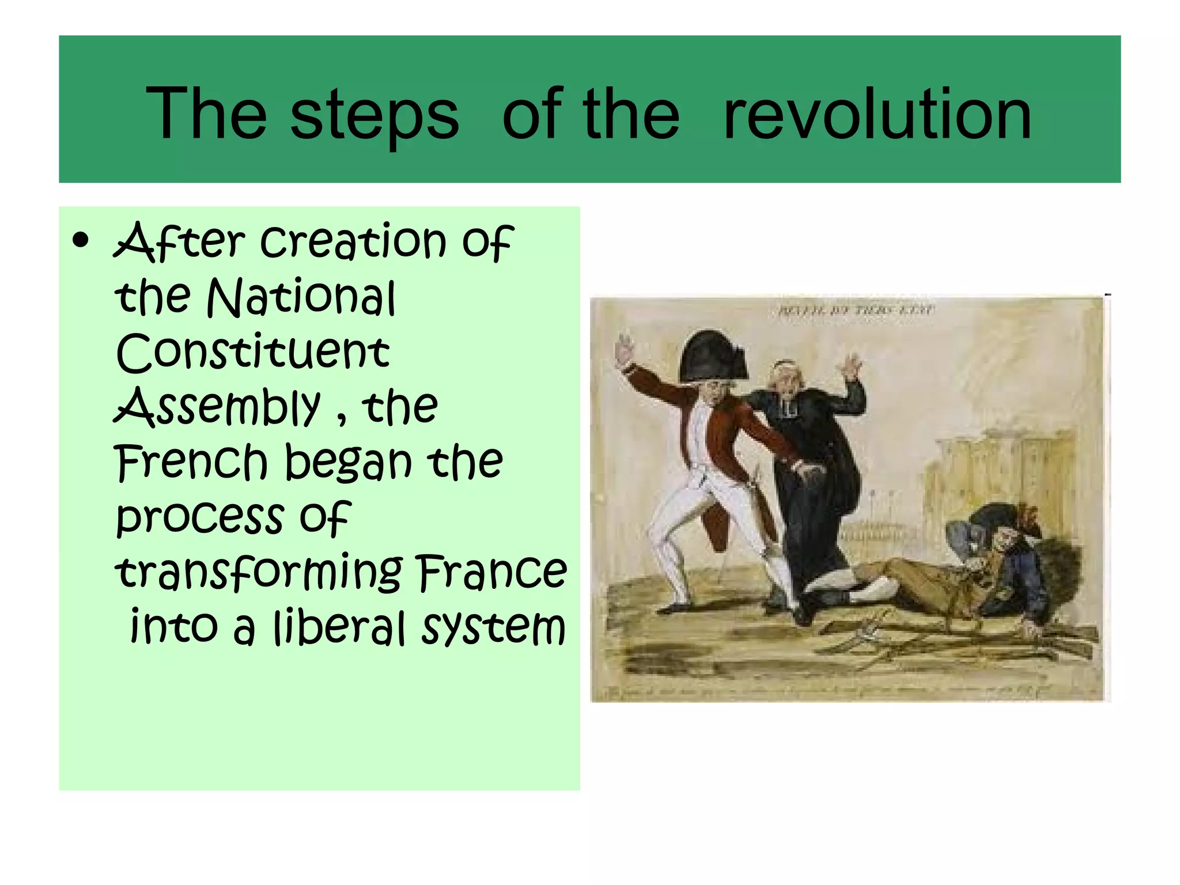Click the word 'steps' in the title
(375, 115)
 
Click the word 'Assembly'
(217, 408)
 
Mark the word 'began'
(349, 463)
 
